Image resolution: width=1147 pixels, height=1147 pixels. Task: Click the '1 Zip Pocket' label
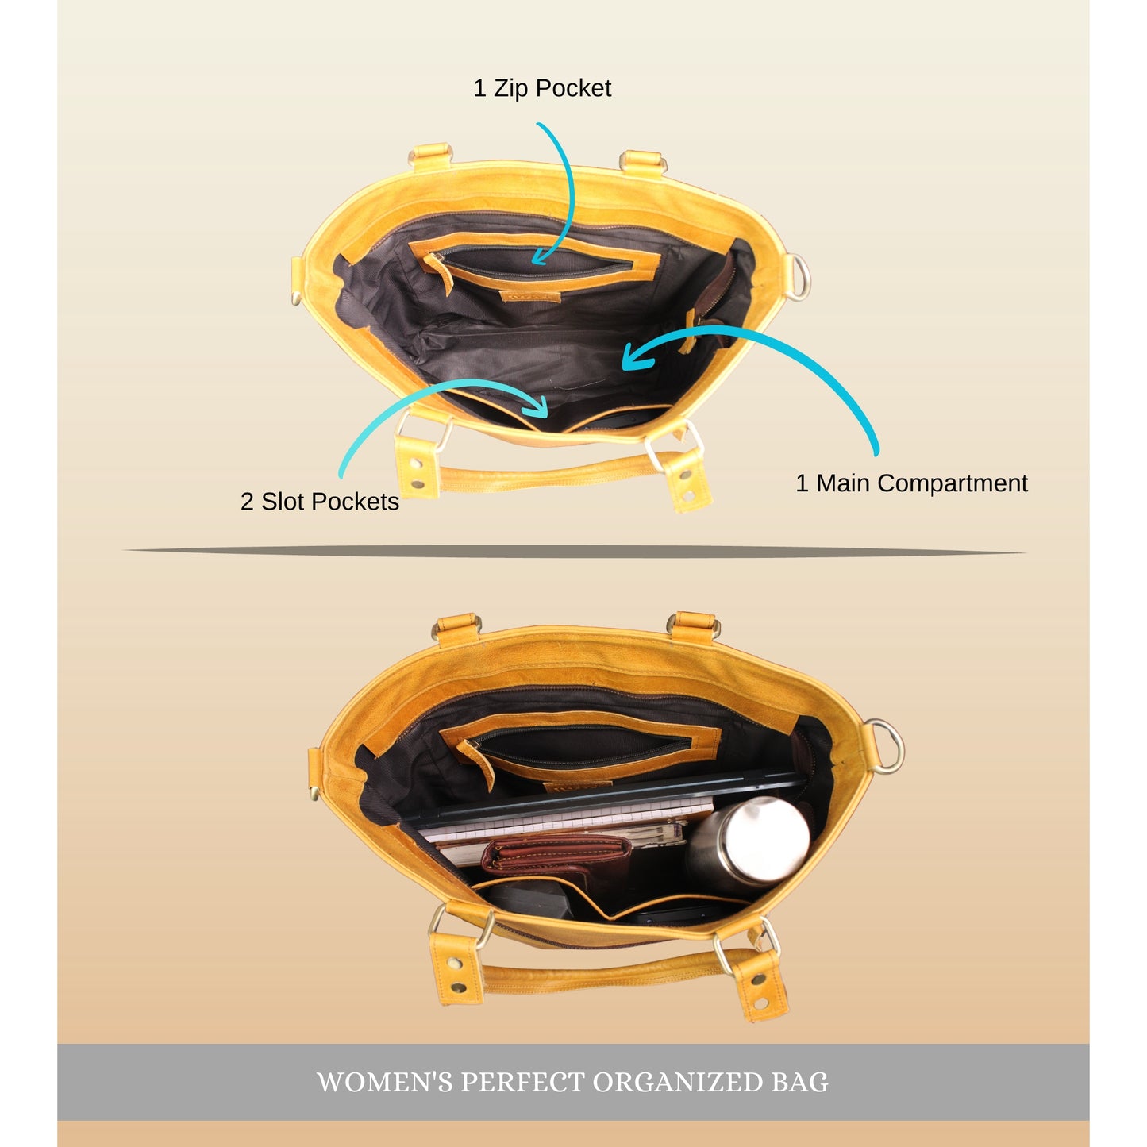[x=541, y=89]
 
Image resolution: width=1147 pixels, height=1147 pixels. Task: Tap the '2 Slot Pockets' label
[x=320, y=502]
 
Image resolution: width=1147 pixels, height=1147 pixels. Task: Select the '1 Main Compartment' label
[x=911, y=483]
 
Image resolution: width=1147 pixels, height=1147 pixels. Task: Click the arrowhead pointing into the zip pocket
[x=541, y=257]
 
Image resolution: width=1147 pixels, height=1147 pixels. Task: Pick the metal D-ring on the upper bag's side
[x=799, y=277]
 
